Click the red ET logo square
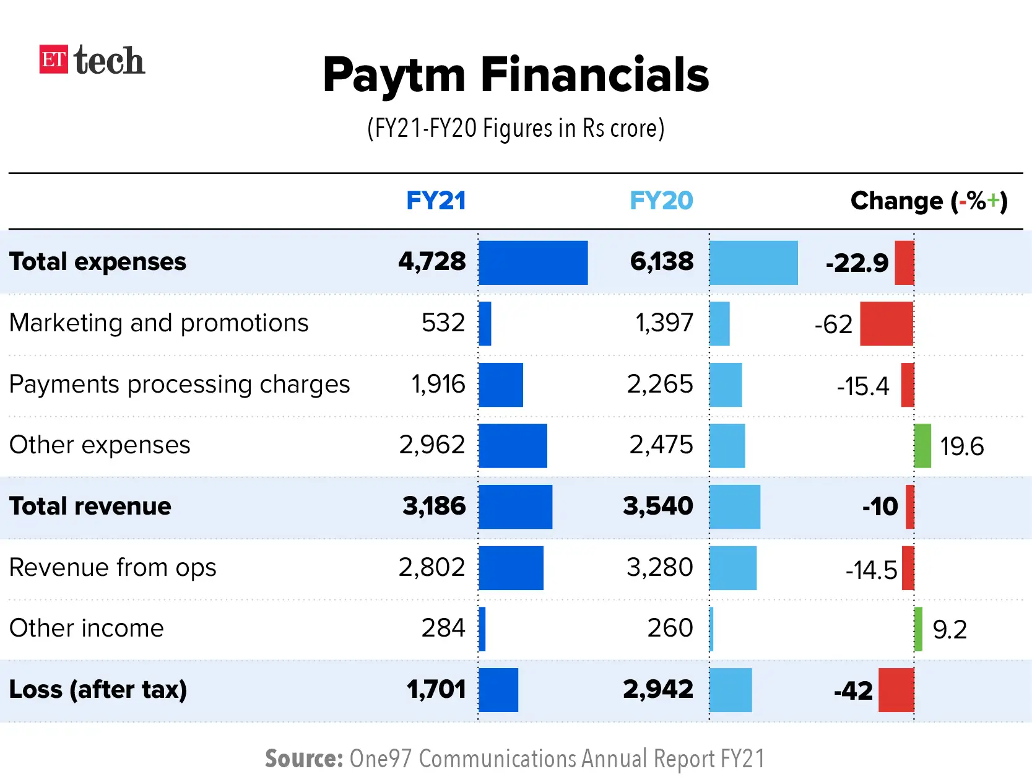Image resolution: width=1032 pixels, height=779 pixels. click(53, 59)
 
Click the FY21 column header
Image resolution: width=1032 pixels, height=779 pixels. click(435, 201)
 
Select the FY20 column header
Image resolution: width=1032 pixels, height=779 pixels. click(661, 201)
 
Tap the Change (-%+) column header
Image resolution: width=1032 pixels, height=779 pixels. click(929, 201)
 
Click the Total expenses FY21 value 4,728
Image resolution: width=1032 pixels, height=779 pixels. click(431, 261)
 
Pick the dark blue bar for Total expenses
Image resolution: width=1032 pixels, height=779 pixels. click(533, 263)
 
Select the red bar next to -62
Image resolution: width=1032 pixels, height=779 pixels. click(887, 323)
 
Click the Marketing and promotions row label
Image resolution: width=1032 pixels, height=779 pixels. click(159, 323)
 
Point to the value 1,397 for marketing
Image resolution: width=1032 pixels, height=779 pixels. click(664, 323)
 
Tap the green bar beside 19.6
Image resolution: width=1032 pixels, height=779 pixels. click(922, 446)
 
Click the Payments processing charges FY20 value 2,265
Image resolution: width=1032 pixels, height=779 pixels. click(659, 384)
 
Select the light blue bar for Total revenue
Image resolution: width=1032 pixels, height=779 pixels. click(735, 507)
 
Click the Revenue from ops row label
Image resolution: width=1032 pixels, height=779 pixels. click(113, 567)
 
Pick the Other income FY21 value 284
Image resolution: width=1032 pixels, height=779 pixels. click(443, 628)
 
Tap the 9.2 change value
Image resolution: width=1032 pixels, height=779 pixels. click(950, 630)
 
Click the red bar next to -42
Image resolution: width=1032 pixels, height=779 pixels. click(896, 690)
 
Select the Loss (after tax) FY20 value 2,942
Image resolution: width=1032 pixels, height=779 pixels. click(657, 689)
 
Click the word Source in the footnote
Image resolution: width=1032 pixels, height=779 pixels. click(303, 759)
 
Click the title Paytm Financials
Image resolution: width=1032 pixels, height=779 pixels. click(516, 75)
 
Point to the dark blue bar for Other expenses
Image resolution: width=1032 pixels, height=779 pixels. click(513, 446)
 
